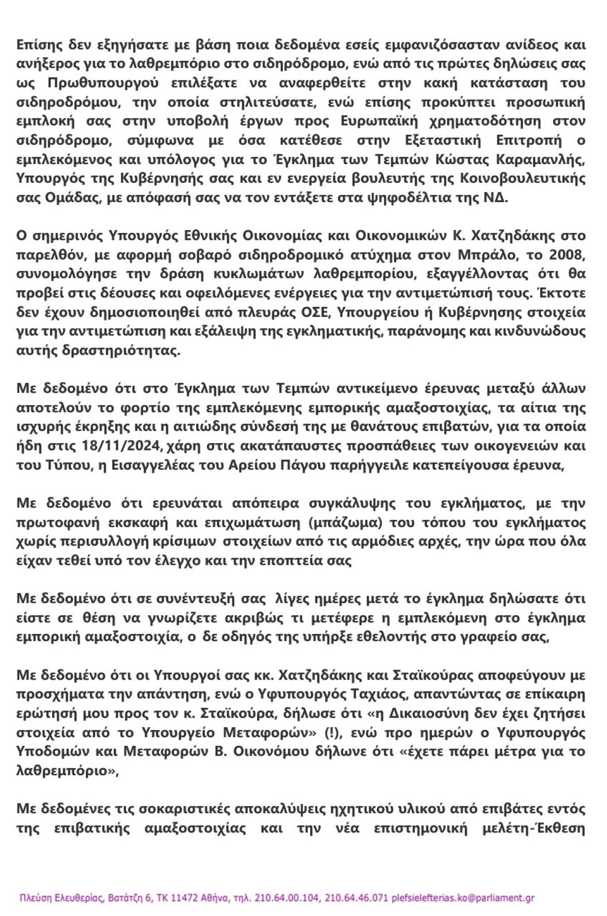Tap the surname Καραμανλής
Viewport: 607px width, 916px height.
point(542,160)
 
